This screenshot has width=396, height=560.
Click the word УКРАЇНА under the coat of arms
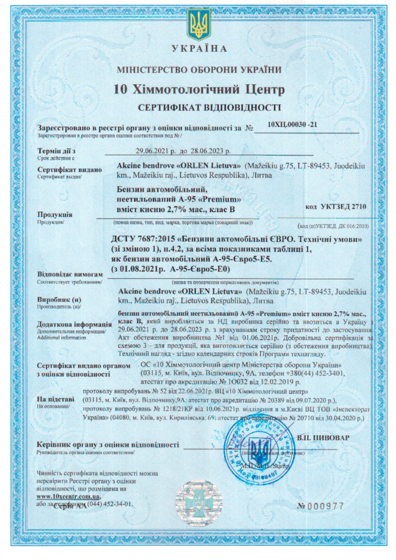(x=199, y=49)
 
